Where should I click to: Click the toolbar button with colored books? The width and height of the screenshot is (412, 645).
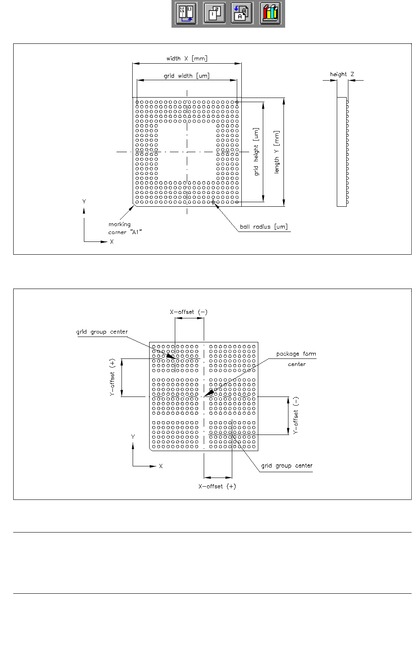point(270,13)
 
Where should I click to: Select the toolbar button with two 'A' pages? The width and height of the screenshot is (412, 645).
point(242,13)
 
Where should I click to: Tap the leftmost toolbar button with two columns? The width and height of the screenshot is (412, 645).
point(186,13)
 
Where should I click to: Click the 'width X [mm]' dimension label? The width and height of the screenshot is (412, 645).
point(187,59)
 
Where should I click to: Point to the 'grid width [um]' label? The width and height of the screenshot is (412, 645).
point(186,76)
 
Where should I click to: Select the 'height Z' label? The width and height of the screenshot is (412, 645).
point(342,74)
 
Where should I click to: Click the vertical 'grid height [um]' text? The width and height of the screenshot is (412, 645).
point(257,152)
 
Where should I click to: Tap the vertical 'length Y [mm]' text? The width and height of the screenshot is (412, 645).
point(277,152)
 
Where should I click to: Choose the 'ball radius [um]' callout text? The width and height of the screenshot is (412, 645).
point(264,227)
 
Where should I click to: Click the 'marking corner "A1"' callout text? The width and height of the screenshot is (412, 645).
point(124,228)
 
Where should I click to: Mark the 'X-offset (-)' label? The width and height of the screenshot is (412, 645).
point(188,312)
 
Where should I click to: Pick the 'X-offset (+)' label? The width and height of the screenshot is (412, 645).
point(217,486)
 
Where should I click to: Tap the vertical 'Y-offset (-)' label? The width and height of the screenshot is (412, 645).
point(296,415)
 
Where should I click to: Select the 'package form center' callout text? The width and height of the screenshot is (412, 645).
point(296,359)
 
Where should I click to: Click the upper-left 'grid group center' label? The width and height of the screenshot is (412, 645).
point(102,332)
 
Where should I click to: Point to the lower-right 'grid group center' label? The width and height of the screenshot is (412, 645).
point(287,466)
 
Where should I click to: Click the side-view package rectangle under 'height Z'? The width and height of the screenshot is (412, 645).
point(341,152)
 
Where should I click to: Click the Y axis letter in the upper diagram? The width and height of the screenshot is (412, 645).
point(84,202)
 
